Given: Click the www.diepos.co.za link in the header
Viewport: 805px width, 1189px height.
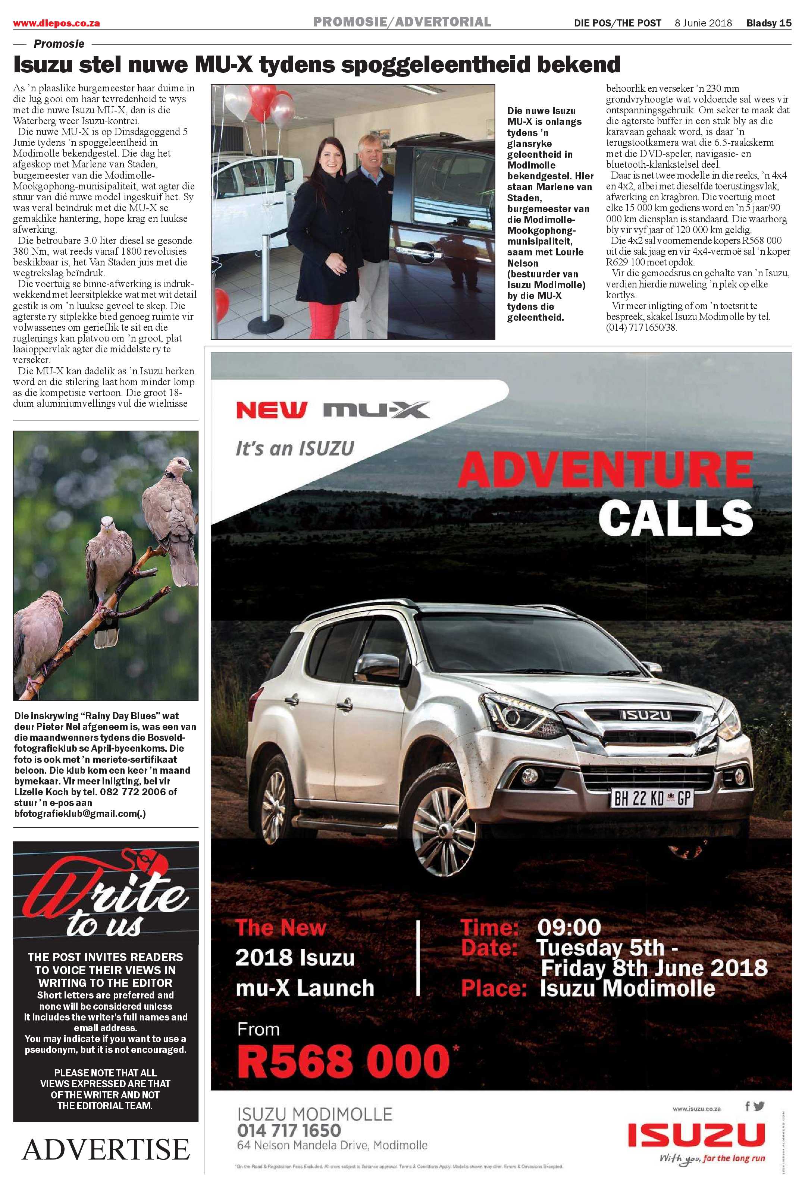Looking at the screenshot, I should point(56,23).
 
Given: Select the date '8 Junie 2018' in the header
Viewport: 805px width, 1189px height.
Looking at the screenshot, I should point(703,23).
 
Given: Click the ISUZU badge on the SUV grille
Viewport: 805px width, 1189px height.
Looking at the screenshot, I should point(646,715).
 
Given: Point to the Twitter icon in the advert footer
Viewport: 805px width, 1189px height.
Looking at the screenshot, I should point(759,1107).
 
